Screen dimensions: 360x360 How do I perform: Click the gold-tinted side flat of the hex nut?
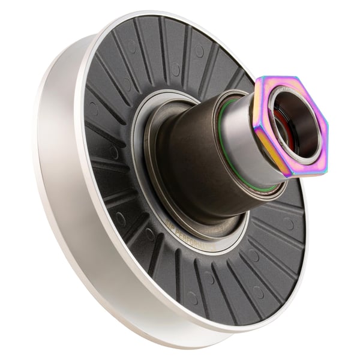point(269,150)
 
